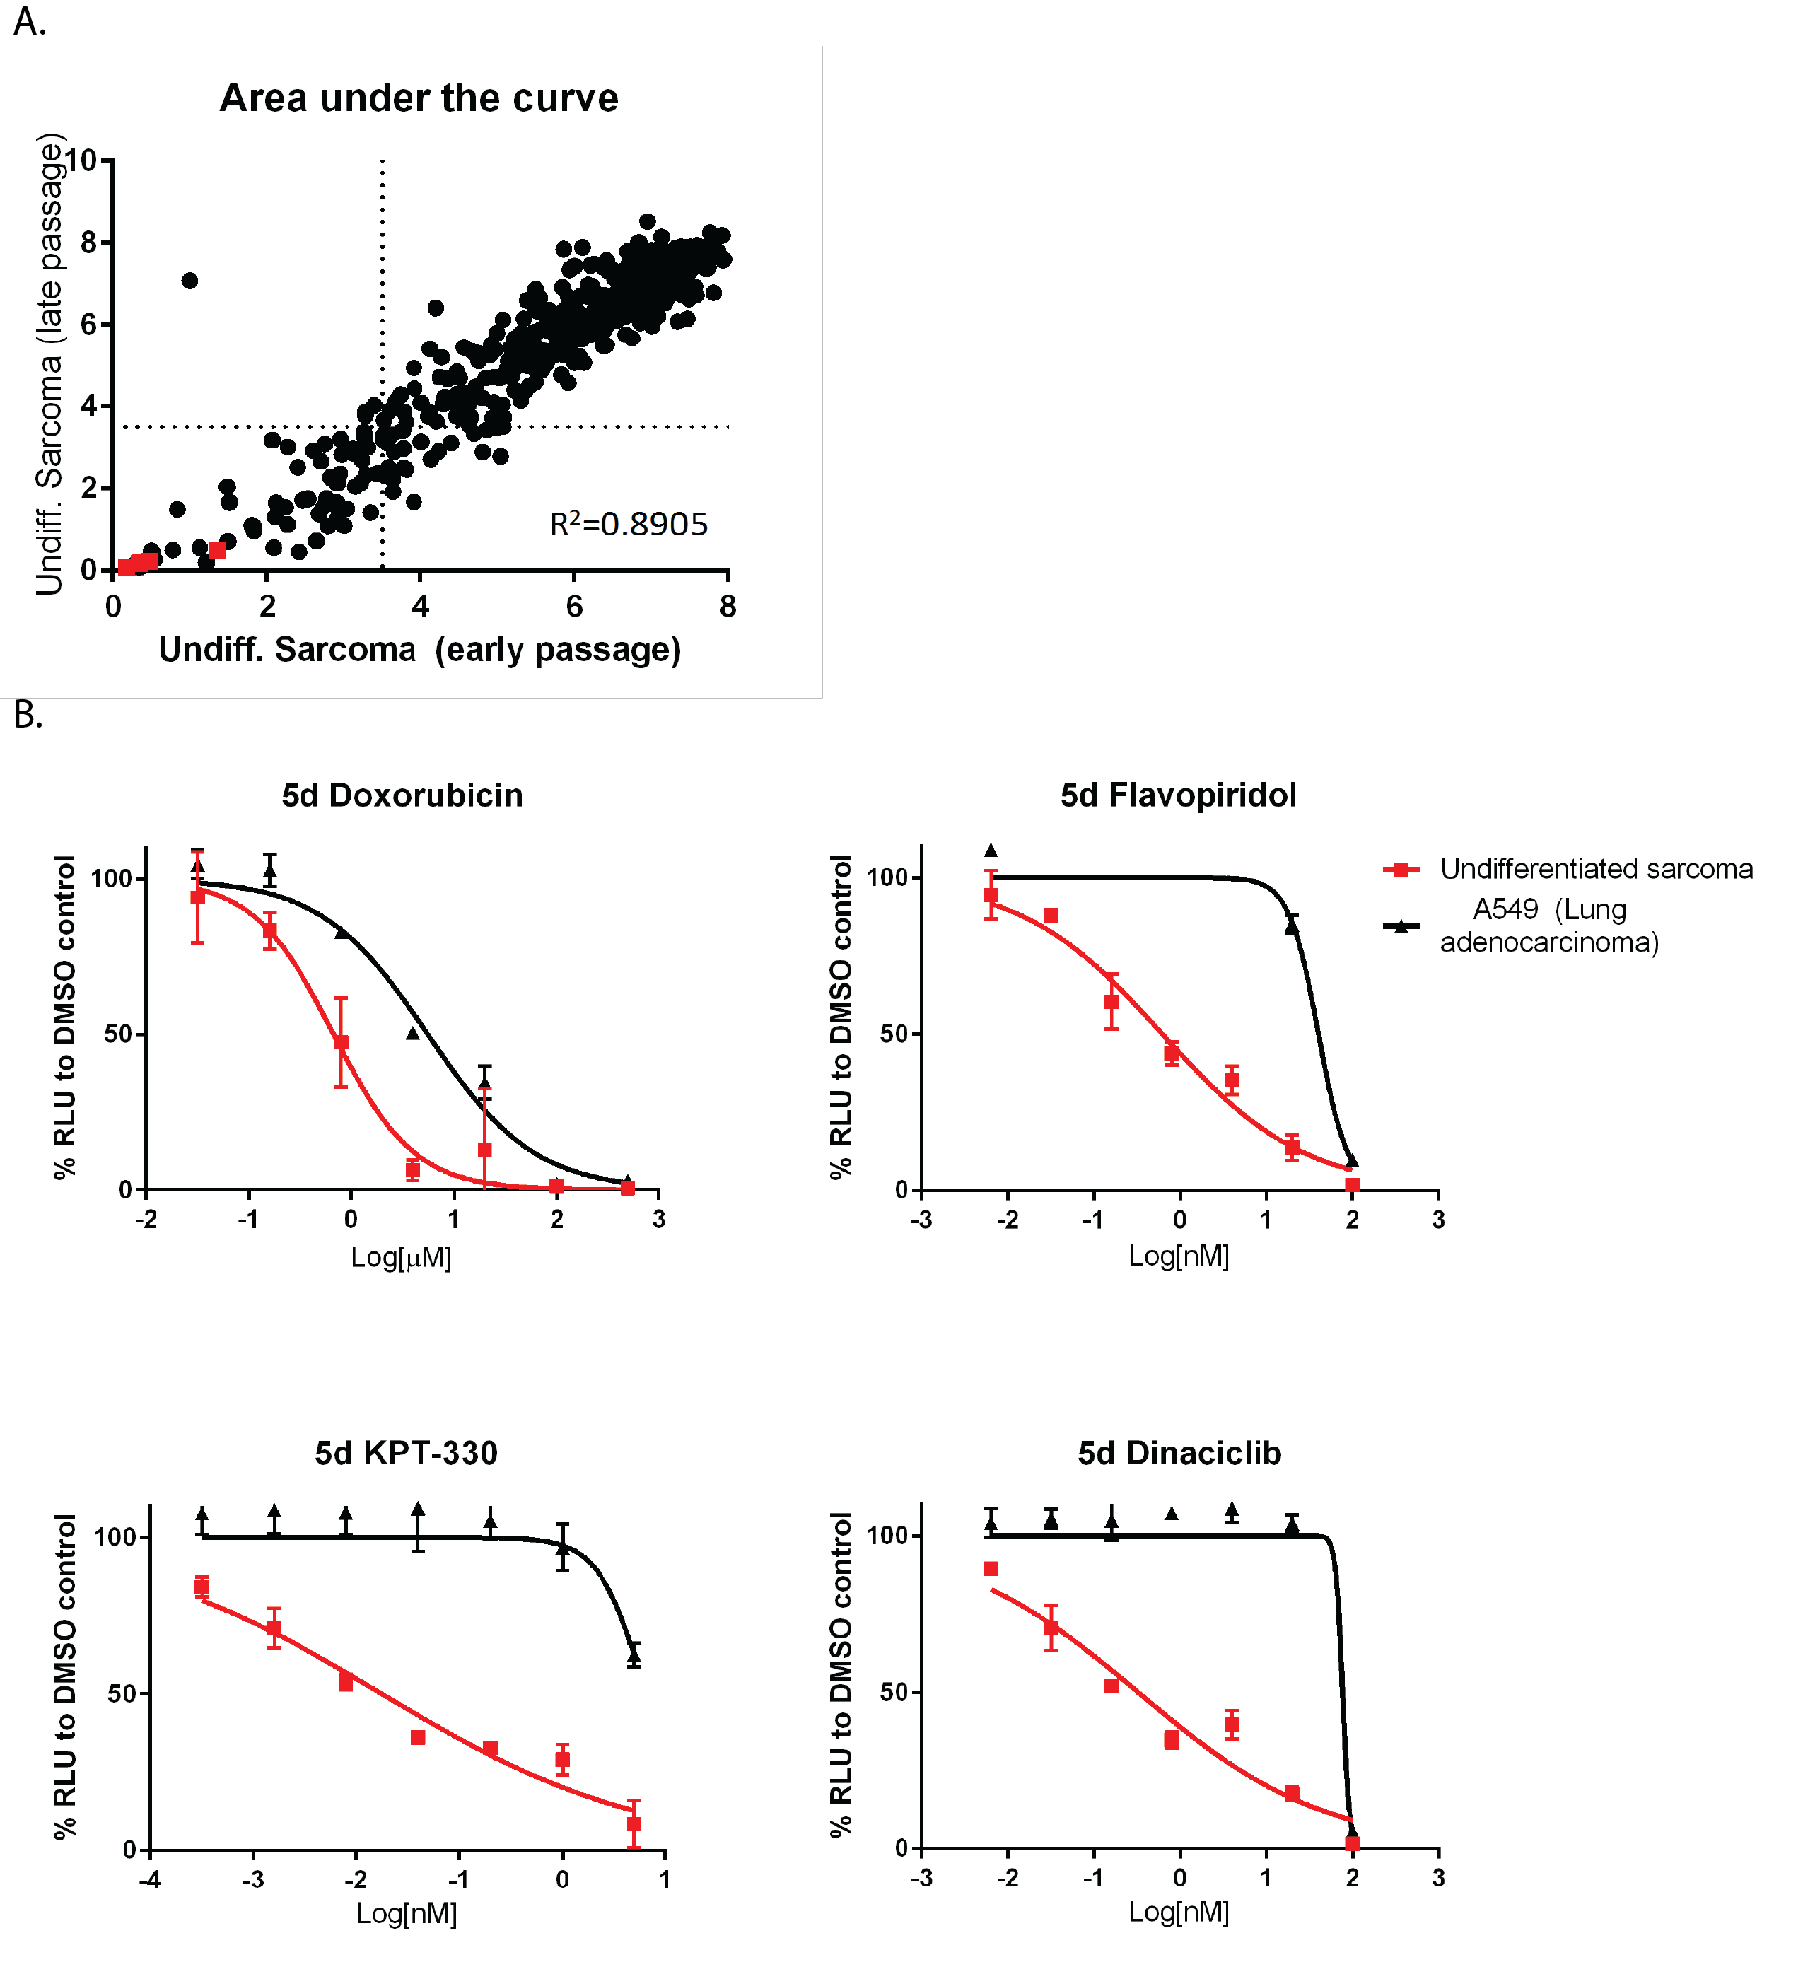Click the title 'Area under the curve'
(x=419, y=98)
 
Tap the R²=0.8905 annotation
(x=628, y=524)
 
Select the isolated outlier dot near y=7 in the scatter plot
(x=190, y=281)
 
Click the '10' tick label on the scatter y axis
(x=81, y=160)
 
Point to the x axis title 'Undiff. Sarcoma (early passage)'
(x=420, y=650)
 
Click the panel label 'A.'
(x=30, y=22)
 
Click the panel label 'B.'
(x=28, y=715)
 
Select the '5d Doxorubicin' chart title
(x=402, y=795)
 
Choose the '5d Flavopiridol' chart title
(x=1179, y=795)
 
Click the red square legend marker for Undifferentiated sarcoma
(x=1401, y=869)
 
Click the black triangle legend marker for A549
(x=1401, y=926)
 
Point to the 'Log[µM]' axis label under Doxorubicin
(x=402, y=1258)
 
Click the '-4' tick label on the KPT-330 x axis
(x=149, y=1880)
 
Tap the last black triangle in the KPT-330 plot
(x=634, y=1656)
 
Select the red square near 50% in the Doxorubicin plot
(x=342, y=1042)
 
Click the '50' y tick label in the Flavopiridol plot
(x=894, y=1034)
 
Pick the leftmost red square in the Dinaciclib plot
(x=991, y=1570)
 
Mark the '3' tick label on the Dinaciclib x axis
(x=1439, y=1878)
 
